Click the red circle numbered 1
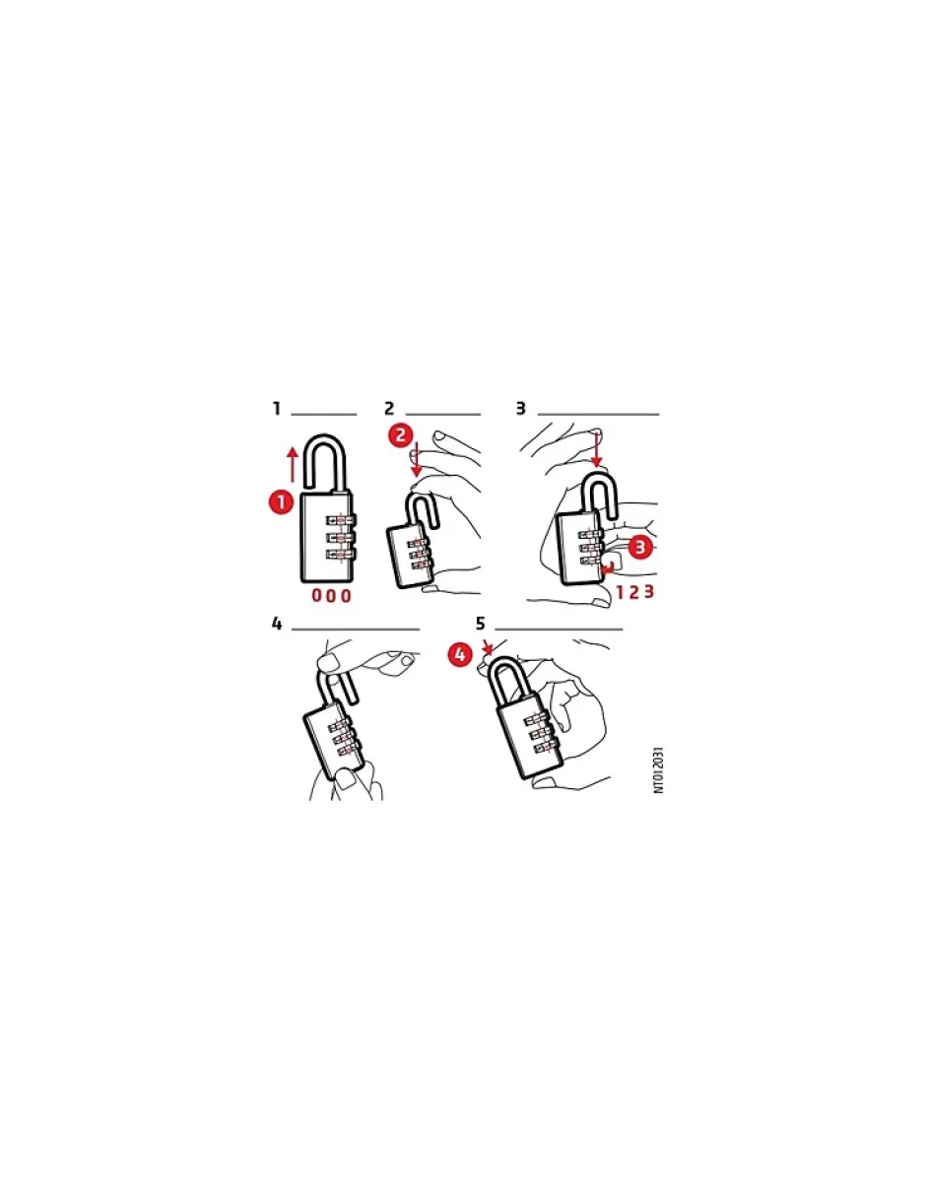click(x=281, y=502)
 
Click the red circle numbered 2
click(x=401, y=434)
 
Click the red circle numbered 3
click(x=640, y=547)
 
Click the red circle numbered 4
click(x=460, y=655)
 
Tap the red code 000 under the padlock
click(x=331, y=595)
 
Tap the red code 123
click(x=635, y=592)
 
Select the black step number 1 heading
click(x=277, y=409)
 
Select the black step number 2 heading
click(x=389, y=409)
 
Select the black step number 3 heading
click(x=520, y=409)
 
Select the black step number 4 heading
click(x=277, y=624)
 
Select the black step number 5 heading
click(x=481, y=624)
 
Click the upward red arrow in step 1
click(x=293, y=466)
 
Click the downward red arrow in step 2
click(x=417, y=458)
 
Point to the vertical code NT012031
click(x=659, y=770)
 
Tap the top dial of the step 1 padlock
click(x=341, y=519)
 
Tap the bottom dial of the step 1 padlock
click(x=341, y=555)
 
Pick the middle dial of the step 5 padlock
click(x=541, y=735)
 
